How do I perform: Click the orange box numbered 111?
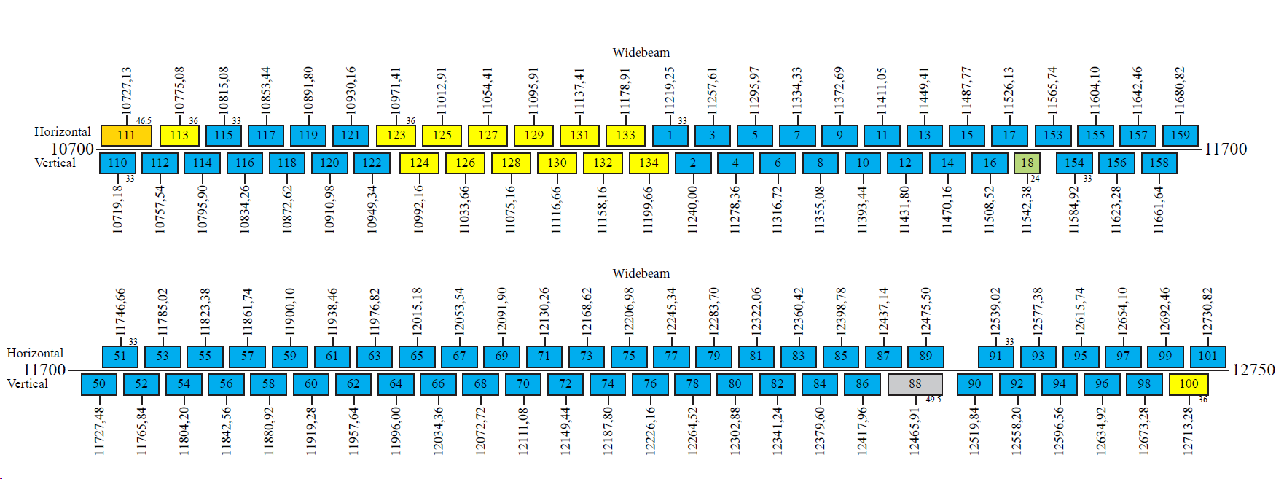pyautogui.click(x=126, y=136)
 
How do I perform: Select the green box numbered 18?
pyautogui.click(x=1027, y=163)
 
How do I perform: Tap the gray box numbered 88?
pyautogui.click(x=915, y=384)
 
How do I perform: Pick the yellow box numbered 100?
pyautogui.click(x=1189, y=384)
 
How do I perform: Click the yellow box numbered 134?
pyautogui.click(x=649, y=163)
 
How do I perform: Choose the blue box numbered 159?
pyautogui.click(x=1181, y=136)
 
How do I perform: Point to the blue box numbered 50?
pyautogui.click(x=99, y=384)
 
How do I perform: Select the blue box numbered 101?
pyautogui.click(x=1207, y=357)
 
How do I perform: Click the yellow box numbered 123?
pyautogui.click(x=396, y=136)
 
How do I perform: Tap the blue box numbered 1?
pyautogui.click(x=670, y=136)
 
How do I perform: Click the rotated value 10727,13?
pyautogui.click(x=127, y=90)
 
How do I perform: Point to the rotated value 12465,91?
pyautogui.click(x=915, y=430)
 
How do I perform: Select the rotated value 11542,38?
pyautogui.click(x=1027, y=210)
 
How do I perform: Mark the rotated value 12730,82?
pyautogui.click(x=1207, y=311)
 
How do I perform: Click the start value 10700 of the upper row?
pyautogui.click(x=72, y=149)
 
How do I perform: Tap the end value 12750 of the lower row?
pyautogui.click(x=1253, y=370)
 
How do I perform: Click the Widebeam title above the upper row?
pyautogui.click(x=641, y=52)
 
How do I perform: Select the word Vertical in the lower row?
pyautogui.click(x=28, y=384)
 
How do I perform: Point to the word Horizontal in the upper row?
pyautogui.click(x=63, y=132)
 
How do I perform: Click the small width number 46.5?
pyautogui.click(x=144, y=121)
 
